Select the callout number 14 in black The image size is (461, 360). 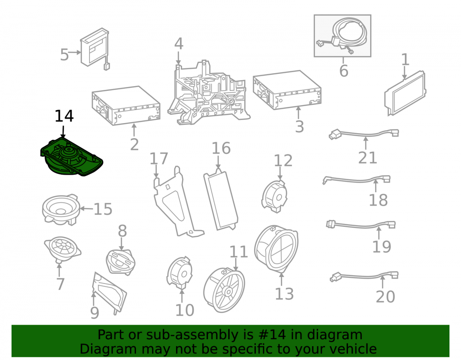pos(64,116)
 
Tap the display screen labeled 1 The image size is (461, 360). pos(405,93)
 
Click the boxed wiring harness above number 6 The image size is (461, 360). pos(343,36)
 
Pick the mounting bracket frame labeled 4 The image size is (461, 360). pos(209,93)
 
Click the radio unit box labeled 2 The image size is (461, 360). pos(126,106)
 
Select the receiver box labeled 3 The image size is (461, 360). pos(287,90)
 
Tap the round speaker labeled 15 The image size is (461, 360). pos(61,210)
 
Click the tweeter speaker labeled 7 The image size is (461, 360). pos(62,249)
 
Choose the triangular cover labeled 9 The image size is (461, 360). pos(109,293)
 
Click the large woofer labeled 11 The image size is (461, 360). pos(224,290)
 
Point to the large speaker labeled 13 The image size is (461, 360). pos(276,248)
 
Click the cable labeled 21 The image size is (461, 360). pos(364,134)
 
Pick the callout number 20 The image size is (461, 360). pos(385,297)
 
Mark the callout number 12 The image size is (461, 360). pos(283,161)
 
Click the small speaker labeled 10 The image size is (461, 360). pos(180,272)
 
